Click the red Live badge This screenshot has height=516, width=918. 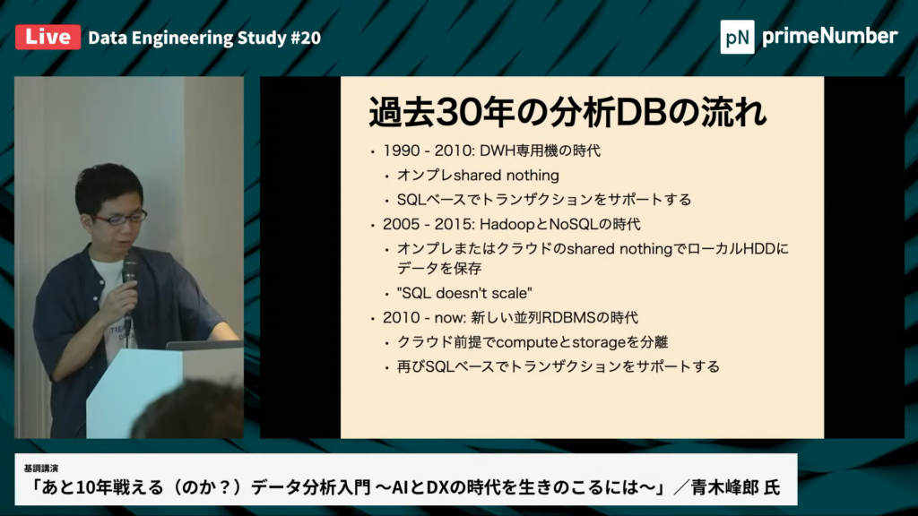[48, 37]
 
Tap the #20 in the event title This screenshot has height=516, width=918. [306, 38]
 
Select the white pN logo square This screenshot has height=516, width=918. [737, 37]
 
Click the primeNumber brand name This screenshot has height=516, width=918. [829, 36]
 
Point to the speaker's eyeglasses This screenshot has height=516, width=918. [119, 219]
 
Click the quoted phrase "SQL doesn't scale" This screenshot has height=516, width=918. [464, 293]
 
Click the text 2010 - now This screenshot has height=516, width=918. [424, 318]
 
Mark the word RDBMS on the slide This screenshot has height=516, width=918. [568, 318]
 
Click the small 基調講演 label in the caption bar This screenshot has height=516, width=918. [41, 469]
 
